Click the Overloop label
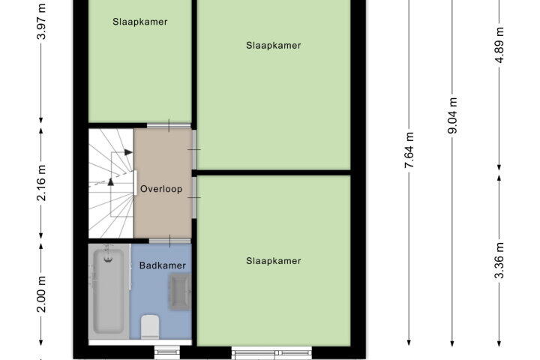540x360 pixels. click(x=161, y=189)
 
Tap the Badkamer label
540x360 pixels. click(x=163, y=265)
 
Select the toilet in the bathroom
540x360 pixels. click(x=151, y=326)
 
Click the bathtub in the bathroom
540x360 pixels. click(x=109, y=291)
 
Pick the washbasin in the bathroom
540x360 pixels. click(x=180, y=292)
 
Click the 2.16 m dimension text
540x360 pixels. click(x=41, y=182)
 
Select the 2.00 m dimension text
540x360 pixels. click(x=41, y=294)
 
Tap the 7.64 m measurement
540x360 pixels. click(x=409, y=150)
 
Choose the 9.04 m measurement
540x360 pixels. click(x=452, y=115)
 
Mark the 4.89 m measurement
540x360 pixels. click(x=499, y=45)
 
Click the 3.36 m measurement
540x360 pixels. click(x=499, y=260)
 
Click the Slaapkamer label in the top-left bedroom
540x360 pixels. click(x=140, y=22)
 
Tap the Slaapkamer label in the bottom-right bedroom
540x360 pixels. click(x=274, y=261)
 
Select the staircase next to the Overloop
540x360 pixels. click(x=111, y=183)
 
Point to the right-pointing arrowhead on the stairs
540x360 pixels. click(x=128, y=152)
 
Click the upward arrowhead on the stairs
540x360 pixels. click(x=110, y=182)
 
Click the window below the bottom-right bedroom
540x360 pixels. click(x=271, y=352)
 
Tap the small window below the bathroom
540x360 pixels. click(x=167, y=352)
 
